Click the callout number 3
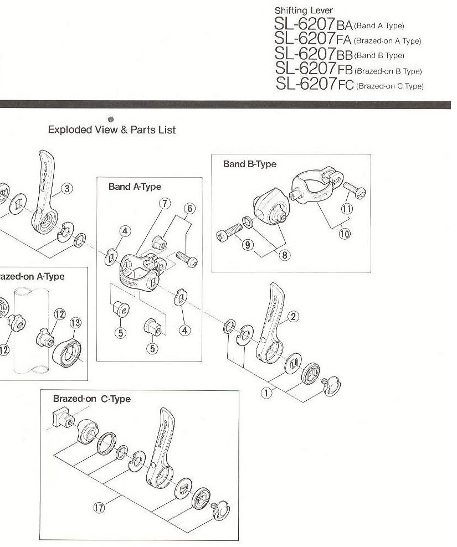(66, 188)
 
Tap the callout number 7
(164, 203)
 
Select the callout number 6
(189, 209)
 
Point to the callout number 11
(347, 209)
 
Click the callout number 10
(345, 233)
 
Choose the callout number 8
(285, 255)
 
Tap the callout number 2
(294, 316)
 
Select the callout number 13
(76, 323)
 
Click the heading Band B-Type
(249, 164)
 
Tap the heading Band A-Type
(135, 187)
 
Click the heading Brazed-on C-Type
(91, 399)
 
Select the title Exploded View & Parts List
(112, 130)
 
